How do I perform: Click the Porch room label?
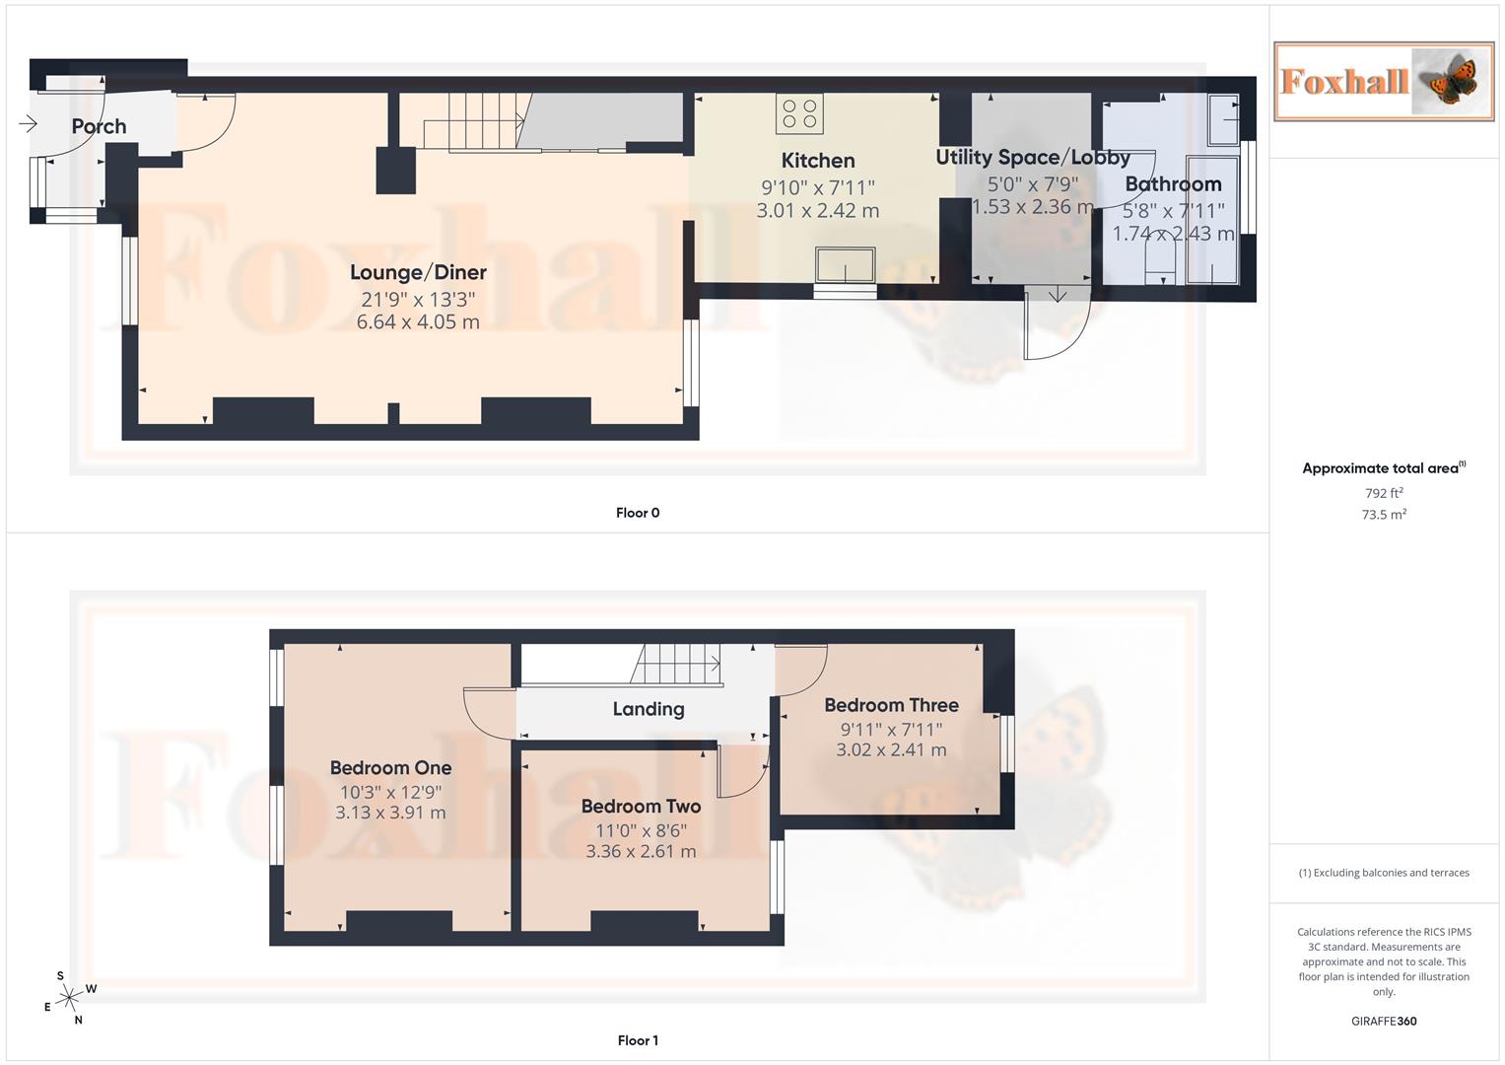(99, 126)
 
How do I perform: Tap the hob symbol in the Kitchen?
(799, 113)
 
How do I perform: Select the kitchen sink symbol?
(845, 265)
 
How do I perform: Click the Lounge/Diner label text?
(418, 272)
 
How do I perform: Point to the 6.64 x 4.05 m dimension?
(418, 321)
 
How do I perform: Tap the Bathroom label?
(1173, 184)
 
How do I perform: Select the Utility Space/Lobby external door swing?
(1057, 325)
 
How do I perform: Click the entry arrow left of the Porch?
(28, 123)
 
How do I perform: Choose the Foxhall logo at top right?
(1383, 81)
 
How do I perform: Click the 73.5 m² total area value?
(1383, 515)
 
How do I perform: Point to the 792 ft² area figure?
(1383, 493)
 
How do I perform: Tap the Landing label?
(648, 709)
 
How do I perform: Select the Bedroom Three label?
(891, 705)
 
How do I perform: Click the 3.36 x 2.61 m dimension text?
(641, 851)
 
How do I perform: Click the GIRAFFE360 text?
(1383, 1021)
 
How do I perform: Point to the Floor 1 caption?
(638, 1040)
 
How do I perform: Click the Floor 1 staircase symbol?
(677, 665)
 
